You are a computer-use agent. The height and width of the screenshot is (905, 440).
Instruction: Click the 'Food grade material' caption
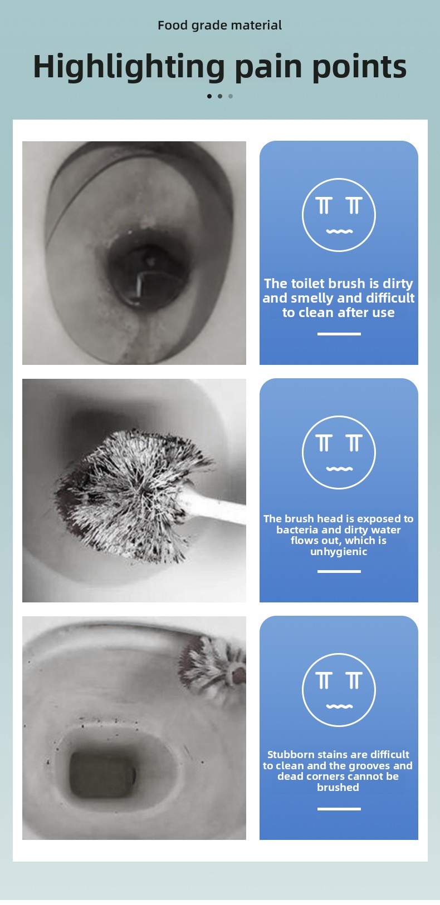pos(219,26)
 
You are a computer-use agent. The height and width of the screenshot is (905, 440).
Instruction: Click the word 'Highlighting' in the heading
pos(129,67)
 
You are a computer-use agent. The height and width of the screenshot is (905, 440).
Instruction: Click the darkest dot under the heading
pos(209,96)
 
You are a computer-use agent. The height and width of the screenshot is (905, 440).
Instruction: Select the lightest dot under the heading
pos(231,96)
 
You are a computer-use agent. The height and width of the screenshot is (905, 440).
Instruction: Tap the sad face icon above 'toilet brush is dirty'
pos(339,215)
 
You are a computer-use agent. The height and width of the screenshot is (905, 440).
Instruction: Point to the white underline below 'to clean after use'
pos(339,334)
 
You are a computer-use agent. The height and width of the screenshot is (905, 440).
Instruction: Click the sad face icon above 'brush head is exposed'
pos(339,453)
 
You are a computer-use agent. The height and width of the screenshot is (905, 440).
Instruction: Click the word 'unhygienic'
pos(339,552)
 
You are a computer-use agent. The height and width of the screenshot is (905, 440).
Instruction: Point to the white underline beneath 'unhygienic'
pos(339,571)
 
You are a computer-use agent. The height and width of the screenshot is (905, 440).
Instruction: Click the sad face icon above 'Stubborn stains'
pos(339,690)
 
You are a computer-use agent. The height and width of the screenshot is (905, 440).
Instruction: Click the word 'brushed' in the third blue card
pos(338,788)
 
